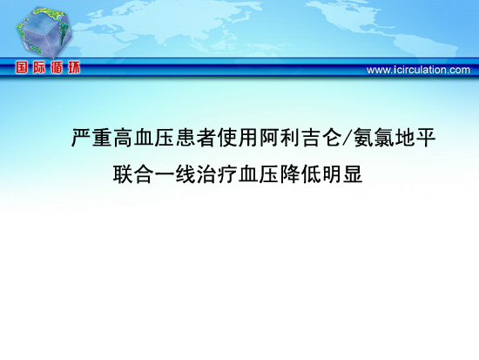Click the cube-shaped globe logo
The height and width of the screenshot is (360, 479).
[x=44, y=32]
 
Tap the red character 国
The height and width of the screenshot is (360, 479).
[x=22, y=67]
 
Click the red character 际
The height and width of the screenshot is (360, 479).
[x=39, y=67]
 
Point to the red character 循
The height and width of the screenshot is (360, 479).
[x=57, y=67]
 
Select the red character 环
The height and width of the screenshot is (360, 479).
[x=74, y=67]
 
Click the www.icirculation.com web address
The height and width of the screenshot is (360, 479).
[x=418, y=70]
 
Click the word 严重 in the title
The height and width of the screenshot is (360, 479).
[x=91, y=138]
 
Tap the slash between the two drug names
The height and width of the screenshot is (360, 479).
[x=347, y=138]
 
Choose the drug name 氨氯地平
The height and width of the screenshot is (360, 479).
[x=395, y=138]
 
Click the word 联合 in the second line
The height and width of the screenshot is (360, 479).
[x=133, y=174]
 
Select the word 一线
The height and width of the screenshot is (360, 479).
[x=175, y=174]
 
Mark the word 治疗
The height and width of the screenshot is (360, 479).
[x=217, y=174]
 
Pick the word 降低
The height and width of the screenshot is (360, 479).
[x=300, y=174]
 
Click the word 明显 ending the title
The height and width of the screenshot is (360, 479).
[x=342, y=174]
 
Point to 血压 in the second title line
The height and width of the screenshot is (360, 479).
[x=259, y=174]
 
